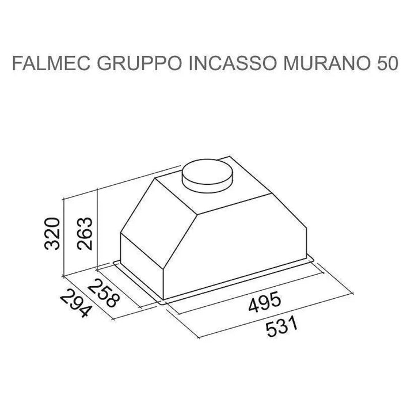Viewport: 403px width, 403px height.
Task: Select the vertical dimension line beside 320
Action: (x=65, y=236)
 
